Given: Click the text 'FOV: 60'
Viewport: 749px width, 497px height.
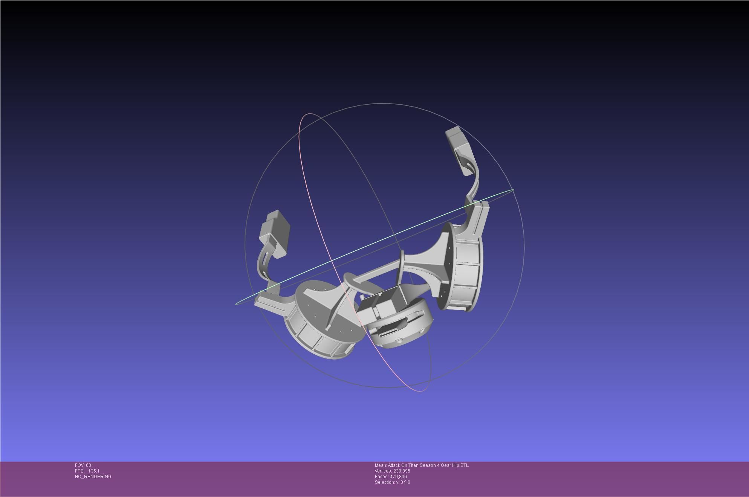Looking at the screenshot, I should pyautogui.click(x=83, y=465).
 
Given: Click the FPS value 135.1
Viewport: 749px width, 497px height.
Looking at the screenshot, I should pyautogui.click(x=93, y=471).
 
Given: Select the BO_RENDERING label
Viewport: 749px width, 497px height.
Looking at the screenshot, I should pyautogui.click(x=93, y=477).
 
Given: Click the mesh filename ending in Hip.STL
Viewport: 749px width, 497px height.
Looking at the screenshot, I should pyautogui.click(x=422, y=465).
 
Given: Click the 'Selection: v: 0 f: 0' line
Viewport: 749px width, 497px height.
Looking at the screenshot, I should pyautogui.click(x=392, y=482).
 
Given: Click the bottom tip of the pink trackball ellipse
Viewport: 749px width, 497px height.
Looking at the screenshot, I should pyautogui.click(x=420, y=391).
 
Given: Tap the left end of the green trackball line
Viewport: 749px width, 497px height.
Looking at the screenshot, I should pyautogui.click(x=236, y=304).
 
